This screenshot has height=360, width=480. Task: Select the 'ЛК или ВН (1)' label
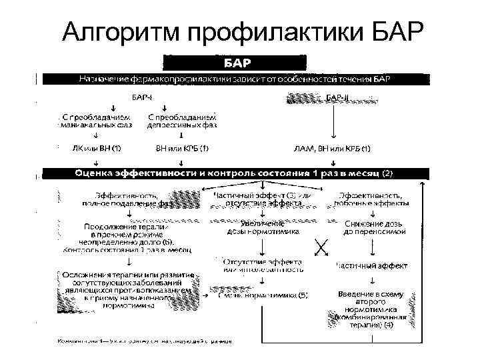coord(96,147)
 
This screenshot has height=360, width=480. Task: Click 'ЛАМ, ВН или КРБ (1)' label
coord(332,148)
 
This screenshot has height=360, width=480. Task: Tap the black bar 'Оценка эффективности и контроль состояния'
coord(233,173)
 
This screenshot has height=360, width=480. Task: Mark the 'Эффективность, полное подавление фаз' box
coord(127,199)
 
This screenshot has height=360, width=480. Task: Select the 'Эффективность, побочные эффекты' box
coord(373,199)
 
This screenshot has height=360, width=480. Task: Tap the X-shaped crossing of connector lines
coord(320,247)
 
